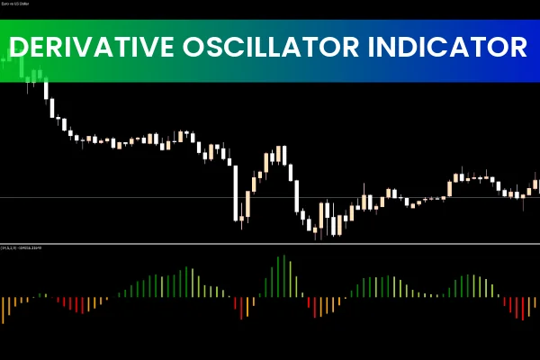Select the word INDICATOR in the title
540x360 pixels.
click(x=449, y=48)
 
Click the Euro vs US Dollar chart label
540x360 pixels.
click(x=23, y=6)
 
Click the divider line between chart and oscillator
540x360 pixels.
click(x=270, y=243)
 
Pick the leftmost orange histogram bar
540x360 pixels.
click(x=4, y=309)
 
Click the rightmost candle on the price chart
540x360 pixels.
click(x=536, y=187)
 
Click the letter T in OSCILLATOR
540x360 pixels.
click(x=308, y=48)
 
